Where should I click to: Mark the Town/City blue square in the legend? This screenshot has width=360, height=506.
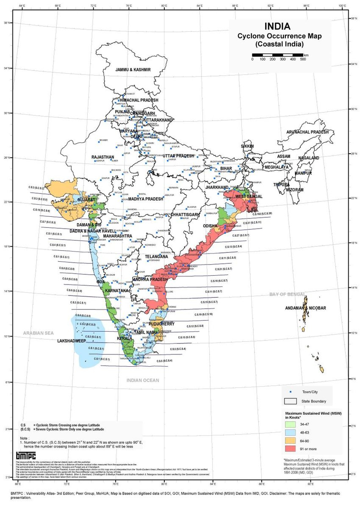tap(291, 392)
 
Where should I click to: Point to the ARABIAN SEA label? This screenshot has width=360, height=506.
tap(40, 333)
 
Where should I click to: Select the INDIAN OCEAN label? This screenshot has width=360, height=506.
tap(143, 381)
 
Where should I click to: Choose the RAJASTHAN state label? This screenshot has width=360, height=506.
tap(103, 157)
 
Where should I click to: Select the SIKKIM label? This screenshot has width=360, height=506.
tap(247, 146)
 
